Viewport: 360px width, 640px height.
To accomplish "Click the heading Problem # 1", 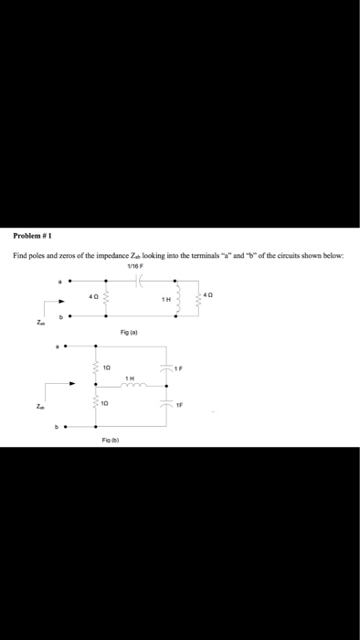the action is point(31,235).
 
